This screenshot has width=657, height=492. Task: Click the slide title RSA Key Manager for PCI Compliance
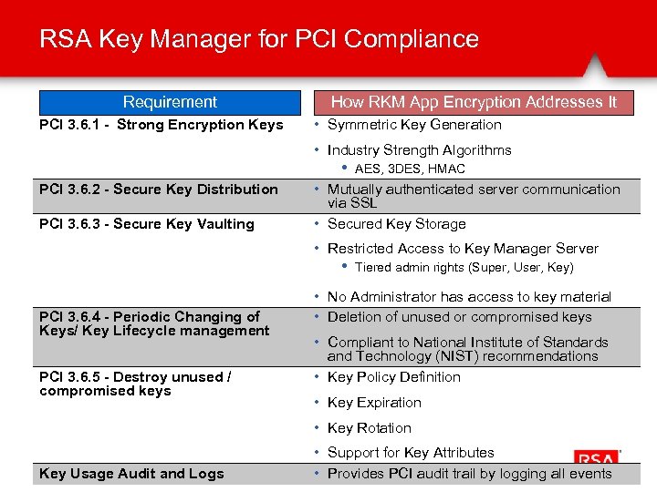point(259,39)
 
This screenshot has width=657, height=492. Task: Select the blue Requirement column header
point(170,102)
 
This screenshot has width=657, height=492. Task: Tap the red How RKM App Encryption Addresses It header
point(474,102)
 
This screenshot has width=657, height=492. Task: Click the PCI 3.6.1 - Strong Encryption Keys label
point(162,125)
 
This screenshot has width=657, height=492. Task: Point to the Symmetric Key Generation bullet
point(414,125)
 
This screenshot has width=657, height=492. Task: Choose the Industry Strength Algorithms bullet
point(419,150)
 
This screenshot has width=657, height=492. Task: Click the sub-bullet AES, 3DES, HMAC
point(410,169)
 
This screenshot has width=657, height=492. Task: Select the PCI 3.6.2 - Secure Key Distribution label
point(159,190)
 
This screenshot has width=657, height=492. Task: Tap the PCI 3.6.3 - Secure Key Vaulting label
point(147,224)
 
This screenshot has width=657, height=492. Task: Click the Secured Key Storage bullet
point(396,224)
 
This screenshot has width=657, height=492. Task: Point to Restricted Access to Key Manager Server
point(463,249)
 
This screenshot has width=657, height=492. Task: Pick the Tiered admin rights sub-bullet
point(464,267)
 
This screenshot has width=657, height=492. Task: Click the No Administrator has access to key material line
point(469,297)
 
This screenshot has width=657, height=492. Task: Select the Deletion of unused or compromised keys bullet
point(459,317)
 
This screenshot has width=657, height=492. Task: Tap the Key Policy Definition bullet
point(393,377)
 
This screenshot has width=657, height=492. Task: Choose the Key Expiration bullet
point(374,403)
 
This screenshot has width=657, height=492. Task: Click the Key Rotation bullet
point(369,428)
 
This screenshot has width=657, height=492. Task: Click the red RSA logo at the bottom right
point(596,459)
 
